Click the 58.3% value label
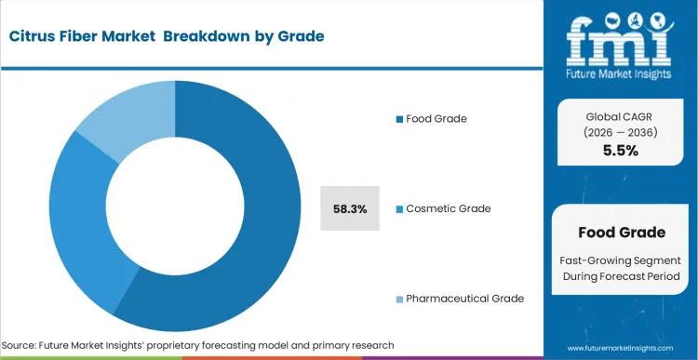point(350,209)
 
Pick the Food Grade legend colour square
point(399,119)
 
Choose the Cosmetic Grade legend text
point(448,208)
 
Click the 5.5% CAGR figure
point(621,151)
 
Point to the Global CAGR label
point(621,117)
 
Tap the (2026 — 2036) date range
point(621,133)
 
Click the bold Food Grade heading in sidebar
point(621,232)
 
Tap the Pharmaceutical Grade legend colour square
point(399,299)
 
